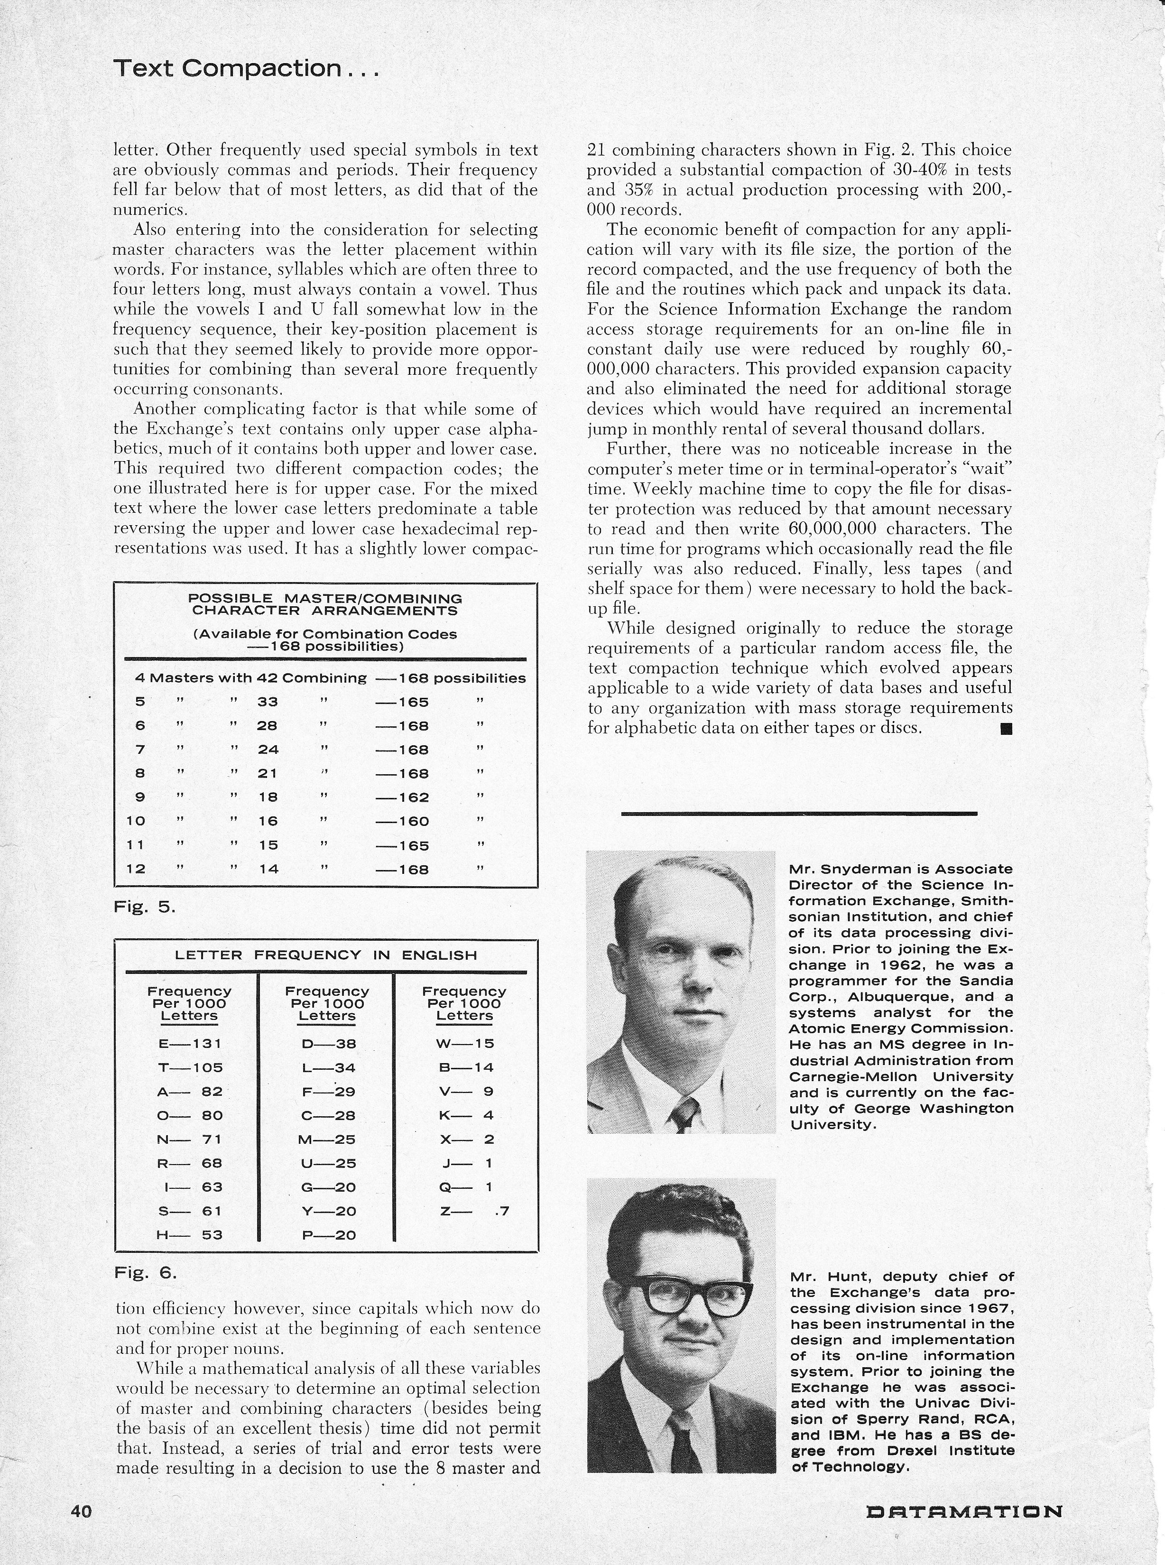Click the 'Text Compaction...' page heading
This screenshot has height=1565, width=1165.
click(x=246, y=68)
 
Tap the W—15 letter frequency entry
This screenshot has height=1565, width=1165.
click(x=465, y=1044)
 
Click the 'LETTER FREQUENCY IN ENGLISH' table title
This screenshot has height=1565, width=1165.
click(x=326, y=955)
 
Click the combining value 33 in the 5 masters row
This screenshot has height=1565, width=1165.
click(x=267, y=702)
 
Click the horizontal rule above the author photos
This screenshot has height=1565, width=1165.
click(x=799, y=813)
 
